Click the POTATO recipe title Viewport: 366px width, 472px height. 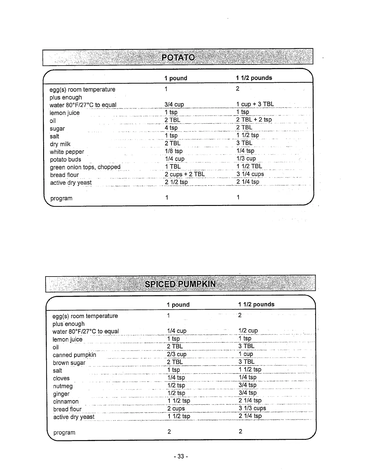pos(178,57)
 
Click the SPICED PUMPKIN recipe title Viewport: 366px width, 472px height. pos(180,284)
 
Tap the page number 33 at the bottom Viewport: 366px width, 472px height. pos(181,456)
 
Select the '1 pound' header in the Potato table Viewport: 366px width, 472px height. pos(176,78)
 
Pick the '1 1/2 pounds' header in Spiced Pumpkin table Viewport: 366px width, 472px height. pos(256,305)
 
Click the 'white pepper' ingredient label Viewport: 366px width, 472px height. pos(67,152)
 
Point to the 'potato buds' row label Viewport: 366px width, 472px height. pos(65,160)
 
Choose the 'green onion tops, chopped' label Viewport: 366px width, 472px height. pos(85,167)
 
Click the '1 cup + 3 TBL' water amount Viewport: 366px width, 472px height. pos(255,104)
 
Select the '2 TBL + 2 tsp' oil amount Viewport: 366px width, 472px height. pos(254,120)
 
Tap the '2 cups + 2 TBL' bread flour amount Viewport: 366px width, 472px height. pos(185,174)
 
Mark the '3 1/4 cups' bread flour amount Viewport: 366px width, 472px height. pos(250,174)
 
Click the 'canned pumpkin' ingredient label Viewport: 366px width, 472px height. pos(74,355)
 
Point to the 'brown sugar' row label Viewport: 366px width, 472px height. pos(69,363)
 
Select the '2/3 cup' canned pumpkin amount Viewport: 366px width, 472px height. pos(177,354)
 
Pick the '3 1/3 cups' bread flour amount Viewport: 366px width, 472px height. pos(252,408)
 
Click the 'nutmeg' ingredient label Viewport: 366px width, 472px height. pos(63,386)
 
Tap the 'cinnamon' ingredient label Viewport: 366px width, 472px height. pos(66,402)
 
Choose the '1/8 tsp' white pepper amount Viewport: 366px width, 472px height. pos(174,151)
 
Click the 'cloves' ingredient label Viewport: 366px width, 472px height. pos(61,378)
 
